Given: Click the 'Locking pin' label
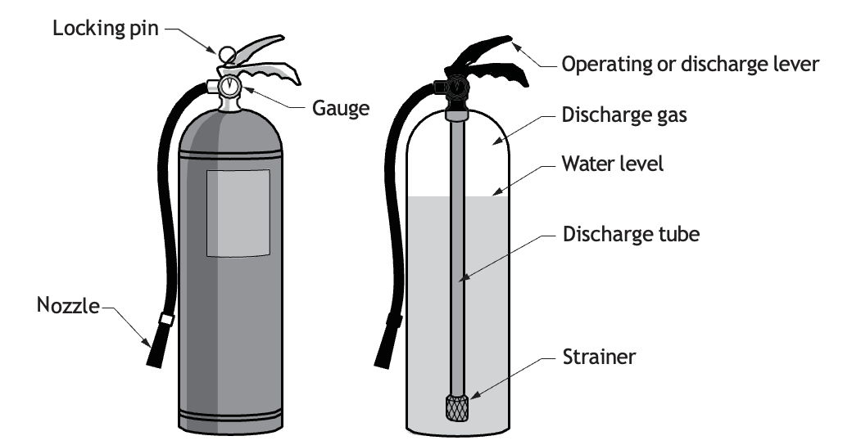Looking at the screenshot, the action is click(x=106, y=28).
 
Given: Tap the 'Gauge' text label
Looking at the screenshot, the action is click(x=341, y=109).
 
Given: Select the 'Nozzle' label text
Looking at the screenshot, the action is click(x=68, y=306).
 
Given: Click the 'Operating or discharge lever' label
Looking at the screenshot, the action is click(x=690, y=64).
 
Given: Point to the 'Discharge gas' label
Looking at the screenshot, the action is click(x=624, y=115).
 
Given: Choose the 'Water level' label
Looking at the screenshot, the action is click(x=613, y=164).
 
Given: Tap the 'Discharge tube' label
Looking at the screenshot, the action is click(x=631, y=234).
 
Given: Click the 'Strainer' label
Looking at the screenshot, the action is click(x=599, y=357).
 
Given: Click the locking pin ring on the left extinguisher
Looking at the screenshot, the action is click(x=227, y=54).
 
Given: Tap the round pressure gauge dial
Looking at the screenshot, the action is click(x=230, y=86).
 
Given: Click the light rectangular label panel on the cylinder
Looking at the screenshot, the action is click(x=238, y=214).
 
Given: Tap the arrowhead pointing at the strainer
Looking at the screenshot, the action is click(x=475, y=396).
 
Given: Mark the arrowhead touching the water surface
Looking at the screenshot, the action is click(x=497, y=191).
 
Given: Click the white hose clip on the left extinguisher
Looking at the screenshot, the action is click(x=166, y=319).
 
